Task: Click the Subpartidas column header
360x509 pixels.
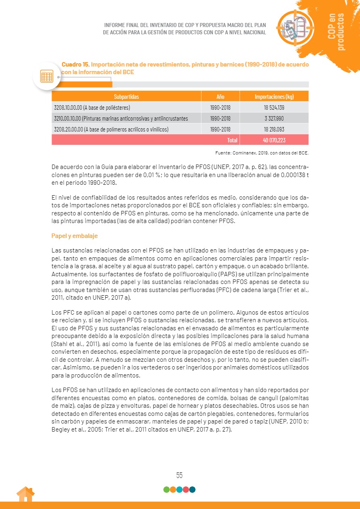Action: [x=126, y=97]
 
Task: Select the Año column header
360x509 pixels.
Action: [x=220, y=97]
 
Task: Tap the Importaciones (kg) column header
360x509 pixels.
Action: [x=274, y=97]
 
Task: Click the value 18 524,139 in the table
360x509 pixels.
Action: [x=274, y=108]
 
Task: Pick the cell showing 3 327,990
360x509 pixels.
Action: [x=274, y=119]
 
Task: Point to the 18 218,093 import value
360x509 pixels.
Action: [x=274, y=129]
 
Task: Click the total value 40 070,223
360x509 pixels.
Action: [x=274, y=140]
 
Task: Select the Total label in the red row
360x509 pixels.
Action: [x=232, y=140]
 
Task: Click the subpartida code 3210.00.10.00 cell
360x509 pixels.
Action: [x=121, y=119]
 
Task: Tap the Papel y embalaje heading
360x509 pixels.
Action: [x=74, y=236]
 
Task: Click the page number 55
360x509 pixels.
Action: [x=180, y=475]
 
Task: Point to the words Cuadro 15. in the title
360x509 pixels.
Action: [x=75, y=65]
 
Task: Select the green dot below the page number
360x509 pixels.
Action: [x=166, y=490]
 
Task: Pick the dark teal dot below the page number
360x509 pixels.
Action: [x=193, y=490]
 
